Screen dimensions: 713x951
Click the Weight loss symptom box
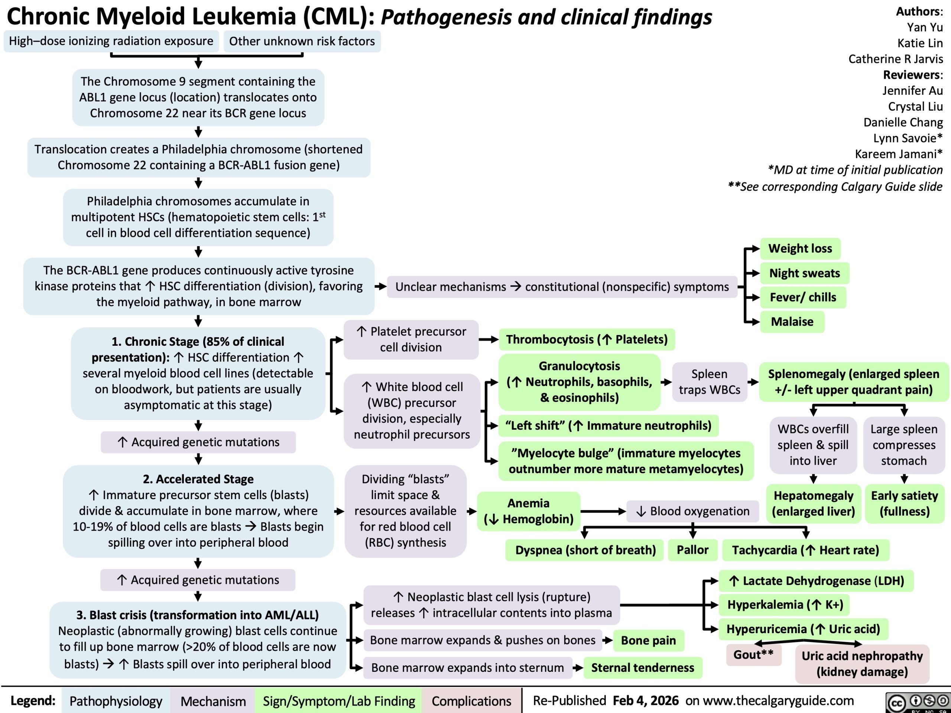pyautogui.click(x=800, y=248)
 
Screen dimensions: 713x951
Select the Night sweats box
pyautogui.click(x=804, y=273)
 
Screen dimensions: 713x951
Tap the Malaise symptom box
pyautogui.click(x=792, y=322)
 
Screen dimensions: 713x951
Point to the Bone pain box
pyautogui.click(x=648, y=640)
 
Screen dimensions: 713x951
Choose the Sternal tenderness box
pyautogui.click(x=642, y=667)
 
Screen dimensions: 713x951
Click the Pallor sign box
pyautogui.click(x=692, y=550)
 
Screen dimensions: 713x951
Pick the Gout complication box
pyautogui.click(x=753, y=655)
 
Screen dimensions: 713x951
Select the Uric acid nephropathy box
pyautogui.click(x=862, y=664)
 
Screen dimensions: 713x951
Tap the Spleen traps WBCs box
pyautogui.click(x=710, y=382)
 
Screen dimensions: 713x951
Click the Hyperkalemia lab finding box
pyautogui.click(x=785, y=605)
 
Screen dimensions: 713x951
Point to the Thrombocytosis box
pyautogui.click(x=587, y=339)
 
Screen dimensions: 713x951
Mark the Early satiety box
pyautogui.click(x=904, y=503)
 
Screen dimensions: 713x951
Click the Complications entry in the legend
pyautogui.click(x=471, y=701)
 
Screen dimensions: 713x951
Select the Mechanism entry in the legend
pyautogui.click(x=213, y=701)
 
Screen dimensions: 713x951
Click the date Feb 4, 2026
pyautogui.click(x=645, y=700)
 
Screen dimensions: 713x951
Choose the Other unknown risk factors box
pyautogui.click(x=302, y=41)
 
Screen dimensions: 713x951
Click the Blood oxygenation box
pyautogui.click(x=692, y=511)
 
